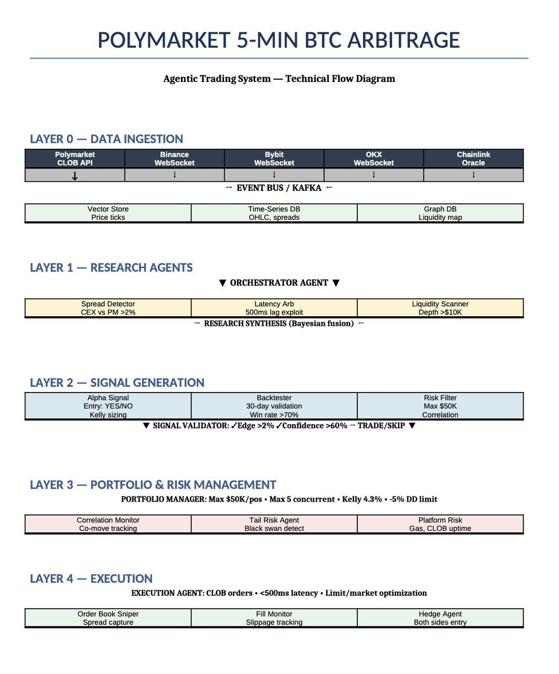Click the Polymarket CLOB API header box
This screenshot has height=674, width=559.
pos(75,158)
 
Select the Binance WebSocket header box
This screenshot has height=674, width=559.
pos(174,158)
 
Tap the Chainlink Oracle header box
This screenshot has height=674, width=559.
pos(473,158)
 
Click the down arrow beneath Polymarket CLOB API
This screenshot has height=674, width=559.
pos(75,175)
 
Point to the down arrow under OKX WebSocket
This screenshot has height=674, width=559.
pos(374,175)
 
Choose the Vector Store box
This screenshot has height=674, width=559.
pos(108,213)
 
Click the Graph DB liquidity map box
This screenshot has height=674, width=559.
pos(440,213)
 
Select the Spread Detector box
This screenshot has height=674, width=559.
pos(108,308)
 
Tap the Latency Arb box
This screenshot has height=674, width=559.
pos(274,308)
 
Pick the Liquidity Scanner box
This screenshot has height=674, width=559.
pos(440,308)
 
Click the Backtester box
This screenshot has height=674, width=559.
pos(274,406)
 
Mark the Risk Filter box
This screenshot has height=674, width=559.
pos(440,406)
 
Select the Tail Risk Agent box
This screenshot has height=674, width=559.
pos(274,524)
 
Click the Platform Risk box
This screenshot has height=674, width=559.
pos(440,524)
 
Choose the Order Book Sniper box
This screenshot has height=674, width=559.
pos(108,618)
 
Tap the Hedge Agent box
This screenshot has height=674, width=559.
pos(440,618)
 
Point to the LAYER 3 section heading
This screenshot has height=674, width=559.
pos(153,485)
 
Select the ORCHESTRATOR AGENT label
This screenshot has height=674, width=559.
pos(279,283)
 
